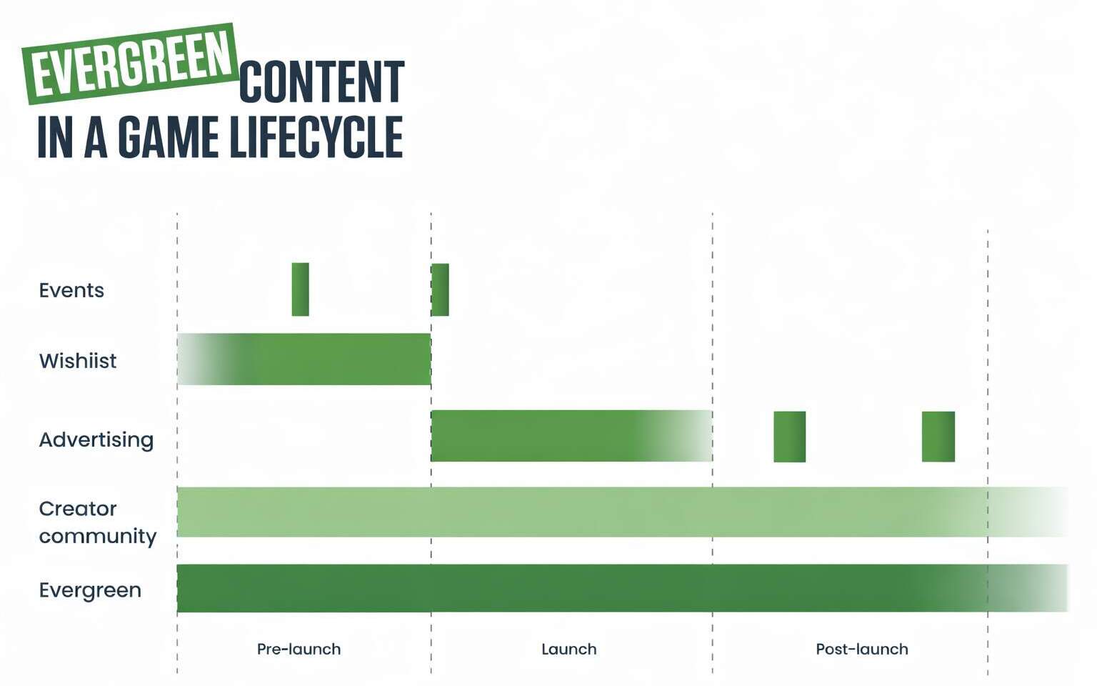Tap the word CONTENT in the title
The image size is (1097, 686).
tap(321, 82)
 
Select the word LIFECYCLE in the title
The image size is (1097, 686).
tap(316, 137)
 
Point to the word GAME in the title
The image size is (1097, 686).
tap(169, 137)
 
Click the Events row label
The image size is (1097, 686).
tap(71, 291)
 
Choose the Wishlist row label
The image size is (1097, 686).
tap(78, 361)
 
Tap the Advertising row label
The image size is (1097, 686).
tap(96, 440)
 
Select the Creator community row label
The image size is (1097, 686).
tap(97, 522)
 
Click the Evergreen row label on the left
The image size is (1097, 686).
tap(90, 590)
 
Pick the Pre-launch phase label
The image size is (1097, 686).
tap(299, 650)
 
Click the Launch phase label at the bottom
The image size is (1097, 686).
tap(569, 650)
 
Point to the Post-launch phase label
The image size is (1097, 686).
tap(862, 650)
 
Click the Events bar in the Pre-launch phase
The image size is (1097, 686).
tap(300, 289)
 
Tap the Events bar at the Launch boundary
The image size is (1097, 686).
tap(440, 289)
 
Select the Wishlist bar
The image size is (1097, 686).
tap(304, 359)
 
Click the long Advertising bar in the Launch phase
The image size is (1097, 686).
tap(571, 436)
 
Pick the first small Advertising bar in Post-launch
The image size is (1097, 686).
tap(789, 437)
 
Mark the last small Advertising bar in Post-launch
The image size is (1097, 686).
tap(938, 437)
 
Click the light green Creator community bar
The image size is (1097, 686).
tap(622, 512)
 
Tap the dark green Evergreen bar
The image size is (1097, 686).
tap(622, 588)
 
